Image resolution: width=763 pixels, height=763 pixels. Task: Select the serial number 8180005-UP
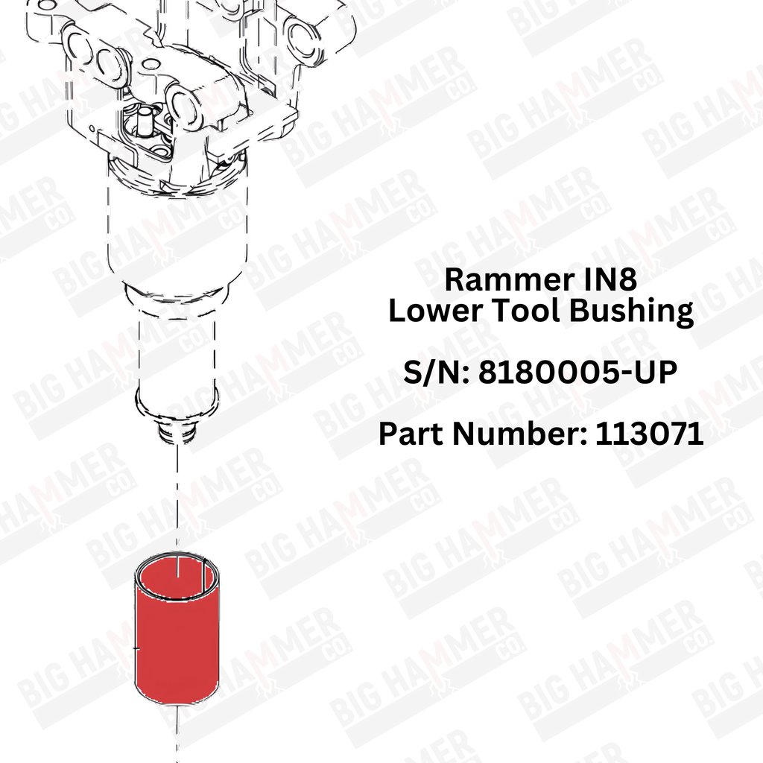point(577,372)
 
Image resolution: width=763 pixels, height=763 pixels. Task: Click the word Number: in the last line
point(520,433)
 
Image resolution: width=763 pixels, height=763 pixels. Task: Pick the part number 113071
point(650,433)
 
